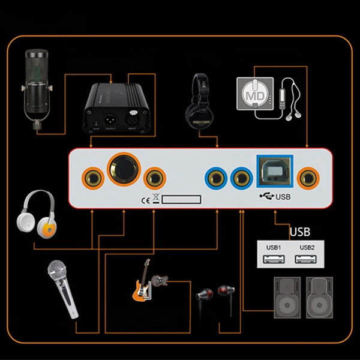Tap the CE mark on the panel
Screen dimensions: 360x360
[x=144, y=201]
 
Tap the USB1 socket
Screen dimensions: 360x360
[x=274, y=259]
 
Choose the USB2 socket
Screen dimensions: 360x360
[x=307, y=259]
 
